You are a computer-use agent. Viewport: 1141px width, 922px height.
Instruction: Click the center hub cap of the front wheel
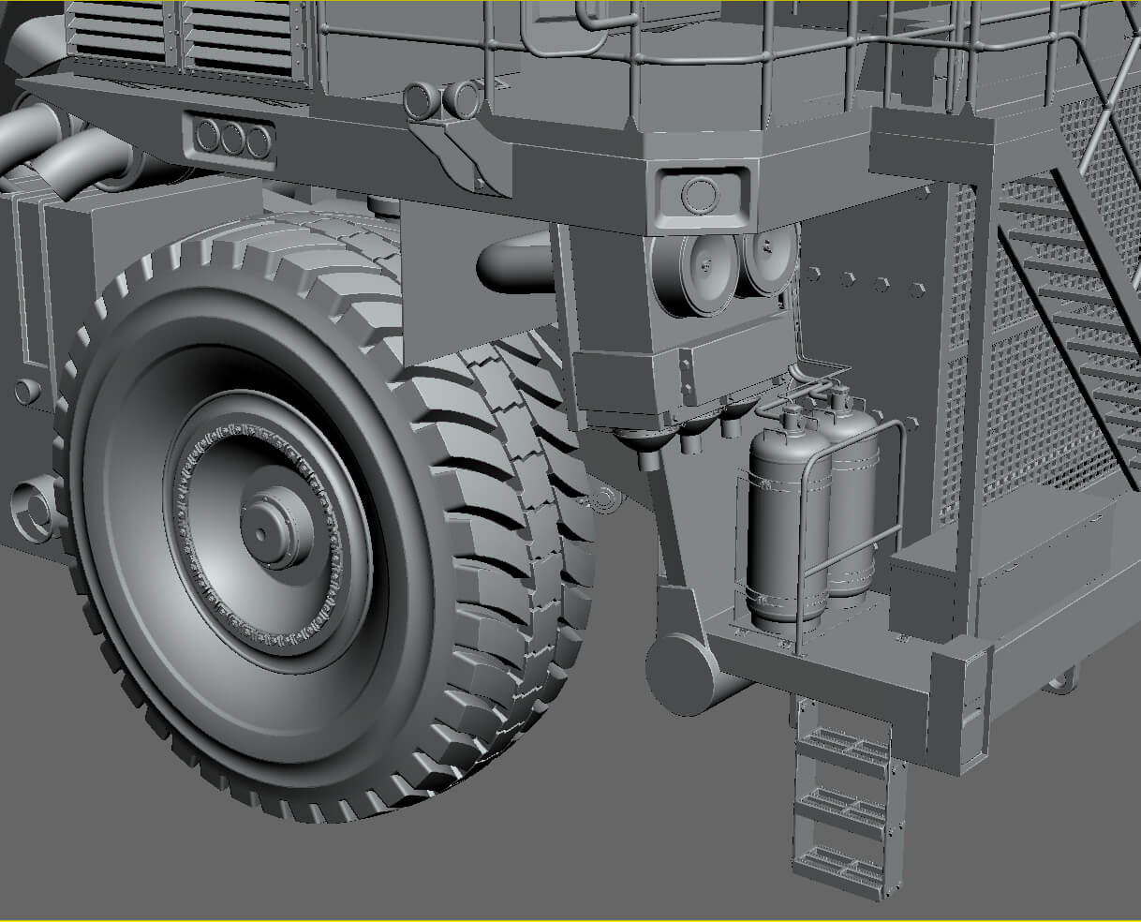click(271, 530)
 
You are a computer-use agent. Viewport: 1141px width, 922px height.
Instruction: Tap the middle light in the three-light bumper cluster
click(233, 139)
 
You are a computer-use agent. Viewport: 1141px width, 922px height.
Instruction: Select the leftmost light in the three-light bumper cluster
click(208, 139)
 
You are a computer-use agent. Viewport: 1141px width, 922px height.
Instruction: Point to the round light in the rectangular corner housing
click(697, 196)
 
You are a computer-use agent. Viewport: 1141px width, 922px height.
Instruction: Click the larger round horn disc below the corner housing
click(706, 265)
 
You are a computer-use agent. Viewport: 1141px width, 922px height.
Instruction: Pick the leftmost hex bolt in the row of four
click(814, 275)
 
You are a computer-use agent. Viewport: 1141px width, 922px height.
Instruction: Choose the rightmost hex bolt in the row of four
click(917, 288)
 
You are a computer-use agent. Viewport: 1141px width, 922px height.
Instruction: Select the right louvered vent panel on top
click(238, 37)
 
